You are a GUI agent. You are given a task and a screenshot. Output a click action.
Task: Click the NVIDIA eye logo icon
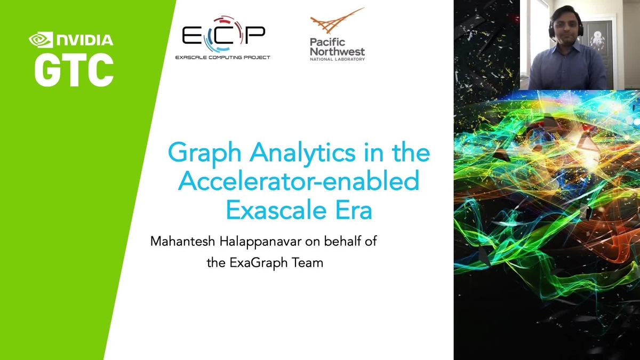(x=40, y=40)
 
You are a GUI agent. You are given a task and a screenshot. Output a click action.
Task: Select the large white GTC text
(x=74, y=69)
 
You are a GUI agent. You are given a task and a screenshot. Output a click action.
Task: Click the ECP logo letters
(x=223, y=36)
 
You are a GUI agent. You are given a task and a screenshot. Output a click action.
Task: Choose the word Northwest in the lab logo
(x=338, y=51)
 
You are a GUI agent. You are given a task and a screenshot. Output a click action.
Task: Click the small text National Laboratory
(x=338, y=59)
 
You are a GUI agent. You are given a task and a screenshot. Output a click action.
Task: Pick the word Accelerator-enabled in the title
(x=298, y=182)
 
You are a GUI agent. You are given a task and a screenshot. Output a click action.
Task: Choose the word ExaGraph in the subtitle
(x=256, y=262)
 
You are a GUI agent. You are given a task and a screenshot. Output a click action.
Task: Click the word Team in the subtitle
(x=307, y=262)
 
